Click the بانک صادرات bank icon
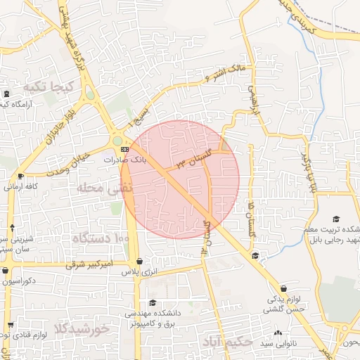pos(124,150)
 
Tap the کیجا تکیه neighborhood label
pos(49,86)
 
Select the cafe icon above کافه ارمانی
pos(20,176)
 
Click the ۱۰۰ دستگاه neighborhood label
pos(101,240)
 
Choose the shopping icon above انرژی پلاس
pos(139,261)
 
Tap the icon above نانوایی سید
pos(278,333)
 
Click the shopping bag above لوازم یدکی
pos(283,288)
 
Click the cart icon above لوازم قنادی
pos(11,326)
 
